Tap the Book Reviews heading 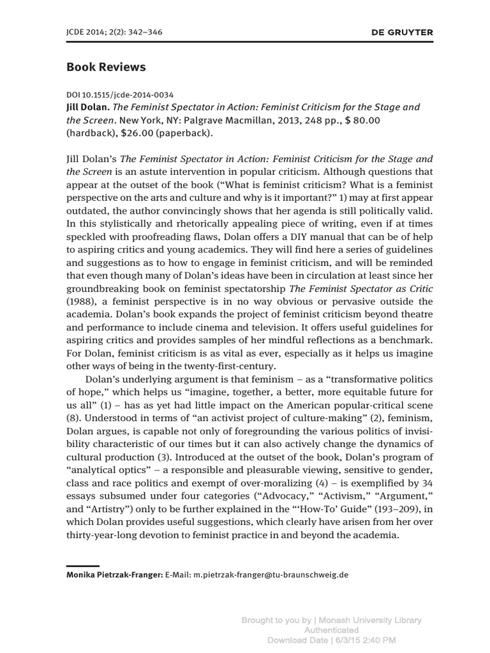pyautogui.click(x=106, y=67)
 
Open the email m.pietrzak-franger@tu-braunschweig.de pyautogui.click(x=257, y=574)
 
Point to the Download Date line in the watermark pyautogui.click(x=331, y=639)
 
